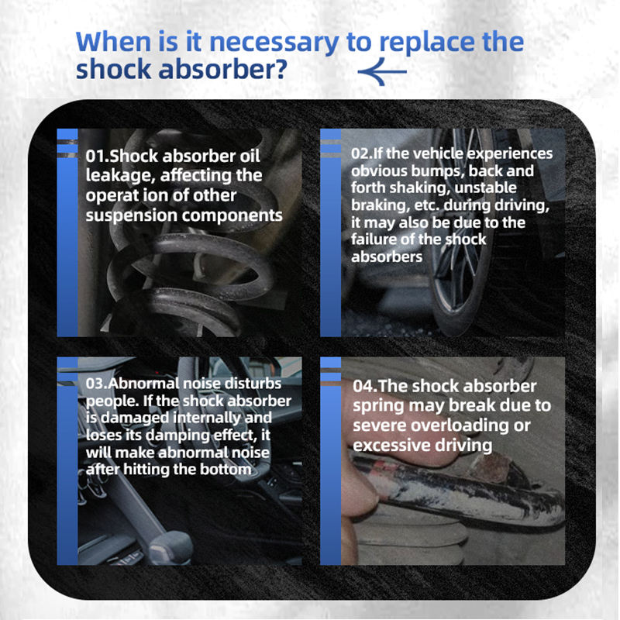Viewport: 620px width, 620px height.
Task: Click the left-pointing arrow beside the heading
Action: click(382, 71)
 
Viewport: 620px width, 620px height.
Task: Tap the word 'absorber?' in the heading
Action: click(222, 69)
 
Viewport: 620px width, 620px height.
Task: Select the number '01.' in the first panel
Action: click(98, 156)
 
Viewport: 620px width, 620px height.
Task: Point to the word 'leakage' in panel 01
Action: click(119, 176)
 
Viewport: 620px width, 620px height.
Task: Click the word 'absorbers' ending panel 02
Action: click(387, 257)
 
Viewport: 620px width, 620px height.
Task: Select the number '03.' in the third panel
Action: click(97, 384)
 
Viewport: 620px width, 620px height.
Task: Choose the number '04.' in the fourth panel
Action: click(365, 386)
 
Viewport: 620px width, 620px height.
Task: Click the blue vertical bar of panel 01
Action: click(67, 232)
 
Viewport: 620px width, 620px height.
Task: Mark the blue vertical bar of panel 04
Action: click(331, 461)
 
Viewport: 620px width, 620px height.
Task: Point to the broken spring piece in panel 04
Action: click(459, 491)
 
